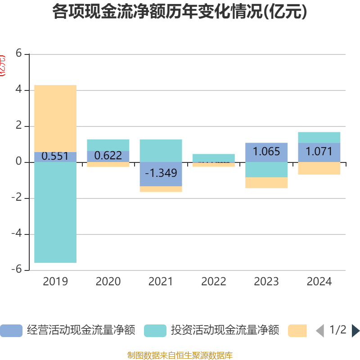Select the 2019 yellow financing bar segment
(55, 118)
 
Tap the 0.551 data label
(55, 157)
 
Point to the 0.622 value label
(108, 156)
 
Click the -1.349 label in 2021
(161, 173)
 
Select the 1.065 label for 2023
(266, 152)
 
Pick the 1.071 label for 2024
(319, 152)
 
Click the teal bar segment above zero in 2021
(161, 150)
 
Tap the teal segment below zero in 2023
(266, 170)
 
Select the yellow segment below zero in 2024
(319, 168)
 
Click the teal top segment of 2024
(319, 137)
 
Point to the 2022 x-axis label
(213, 282)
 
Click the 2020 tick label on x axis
(108, 282)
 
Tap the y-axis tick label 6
(18, 54)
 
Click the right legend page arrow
(355, 331)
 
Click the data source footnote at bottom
(180, 355)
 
